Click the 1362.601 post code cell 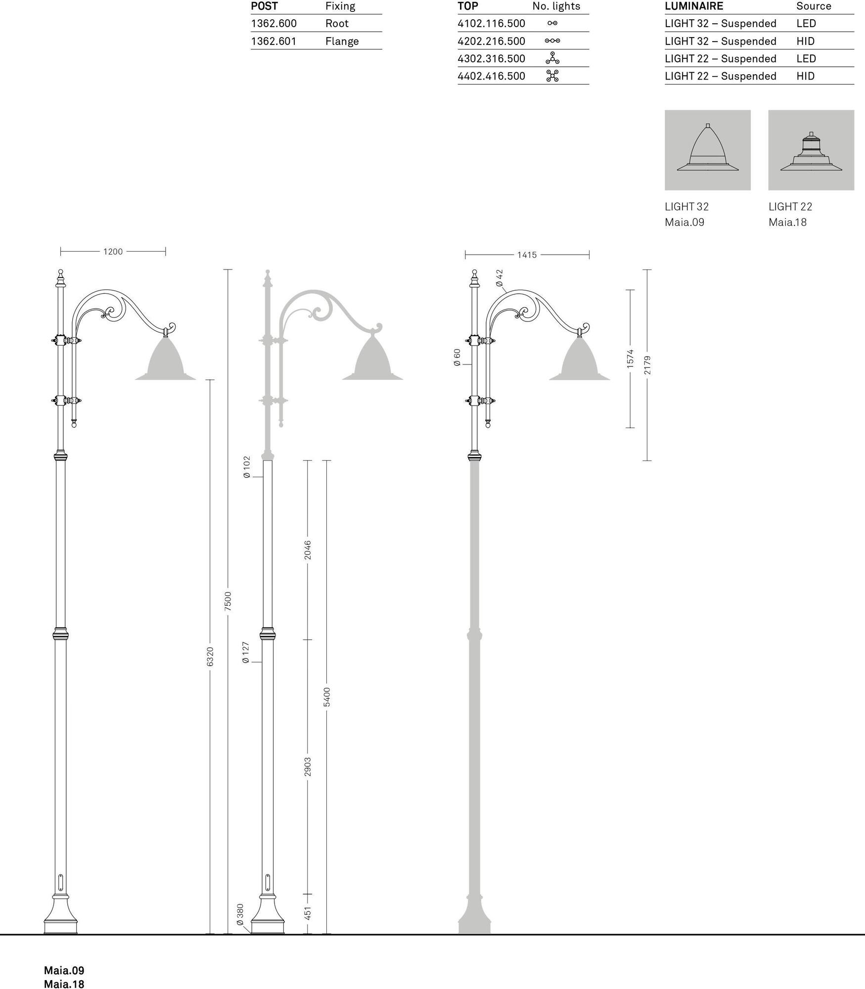[273, 41]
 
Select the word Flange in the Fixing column [342, 41]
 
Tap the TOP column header [468, 6]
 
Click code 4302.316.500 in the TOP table [491, 58]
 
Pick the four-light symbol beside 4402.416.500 [552, 76]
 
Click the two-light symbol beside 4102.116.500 [552, 23]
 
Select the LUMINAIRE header [694, 6]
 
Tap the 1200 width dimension [113, 252]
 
